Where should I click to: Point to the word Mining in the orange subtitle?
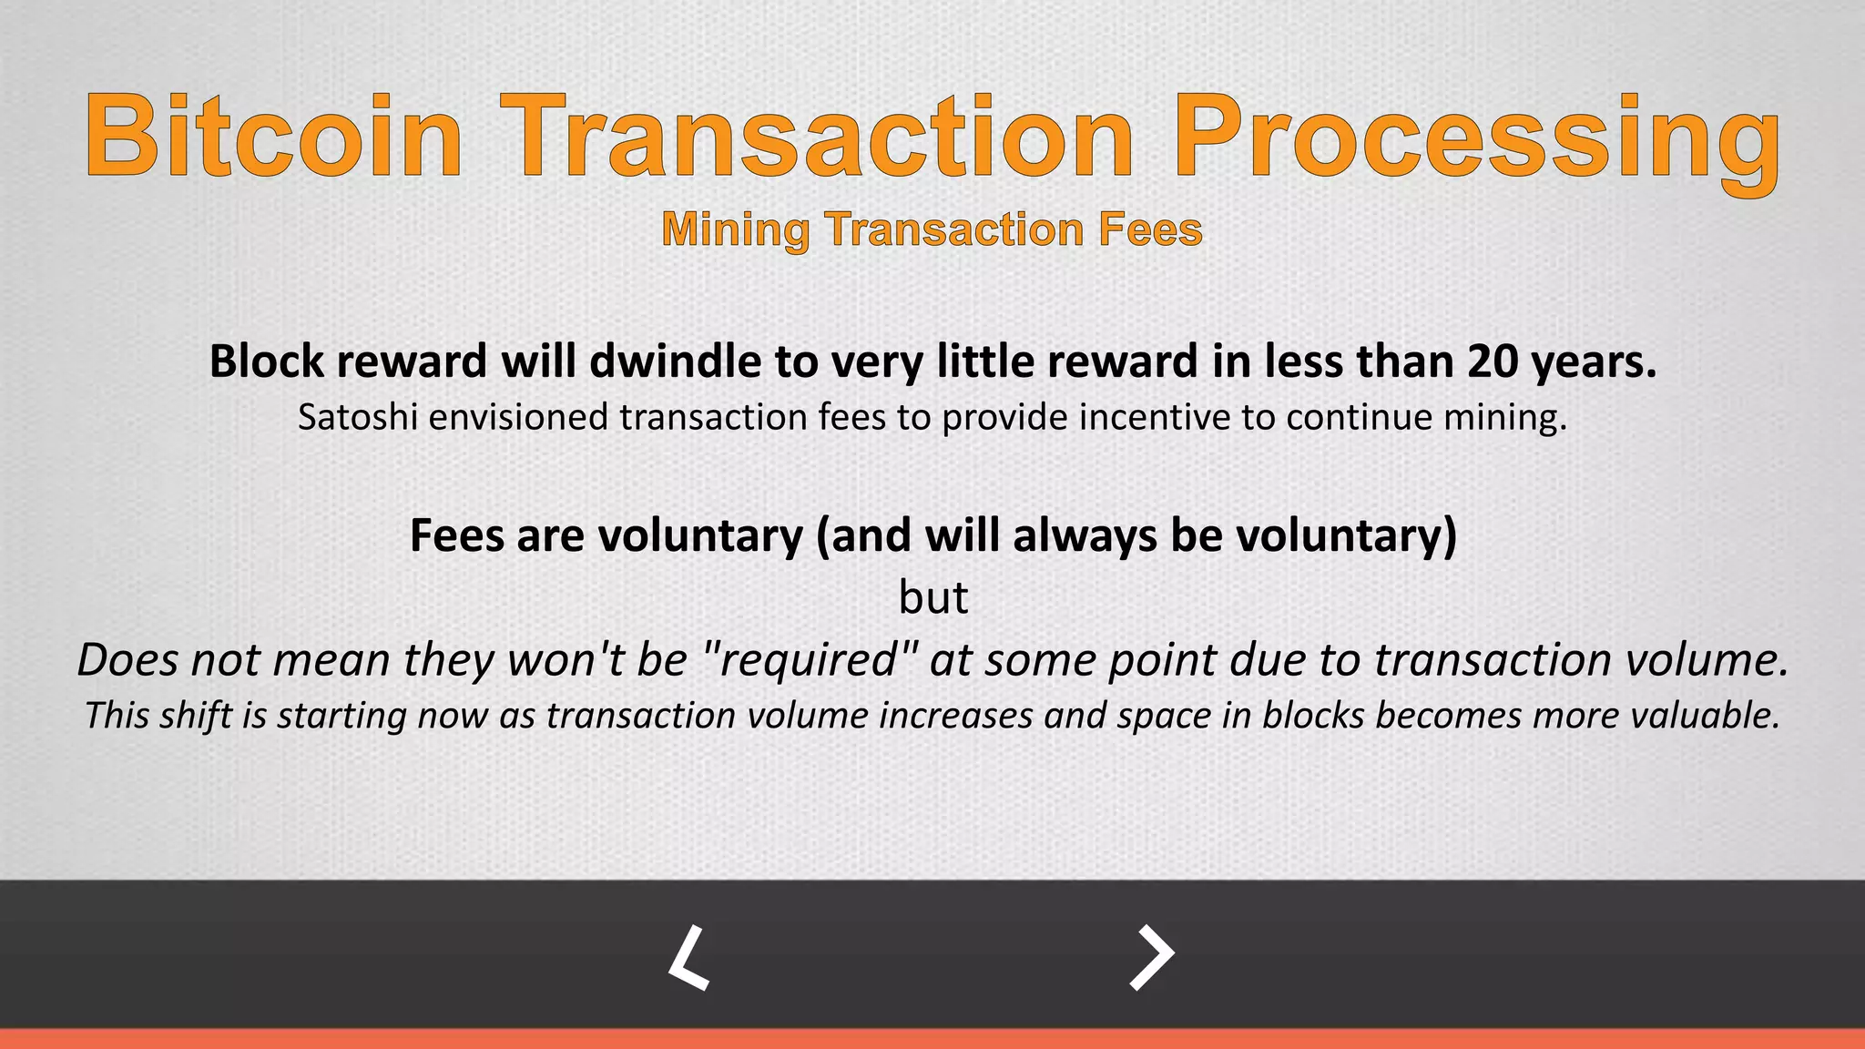736,229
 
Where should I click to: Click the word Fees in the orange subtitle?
1150,229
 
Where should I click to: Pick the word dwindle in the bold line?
677,362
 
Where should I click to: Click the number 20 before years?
1492,362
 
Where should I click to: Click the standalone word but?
933,598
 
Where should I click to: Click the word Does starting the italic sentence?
127,659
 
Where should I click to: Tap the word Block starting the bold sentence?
267,362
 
